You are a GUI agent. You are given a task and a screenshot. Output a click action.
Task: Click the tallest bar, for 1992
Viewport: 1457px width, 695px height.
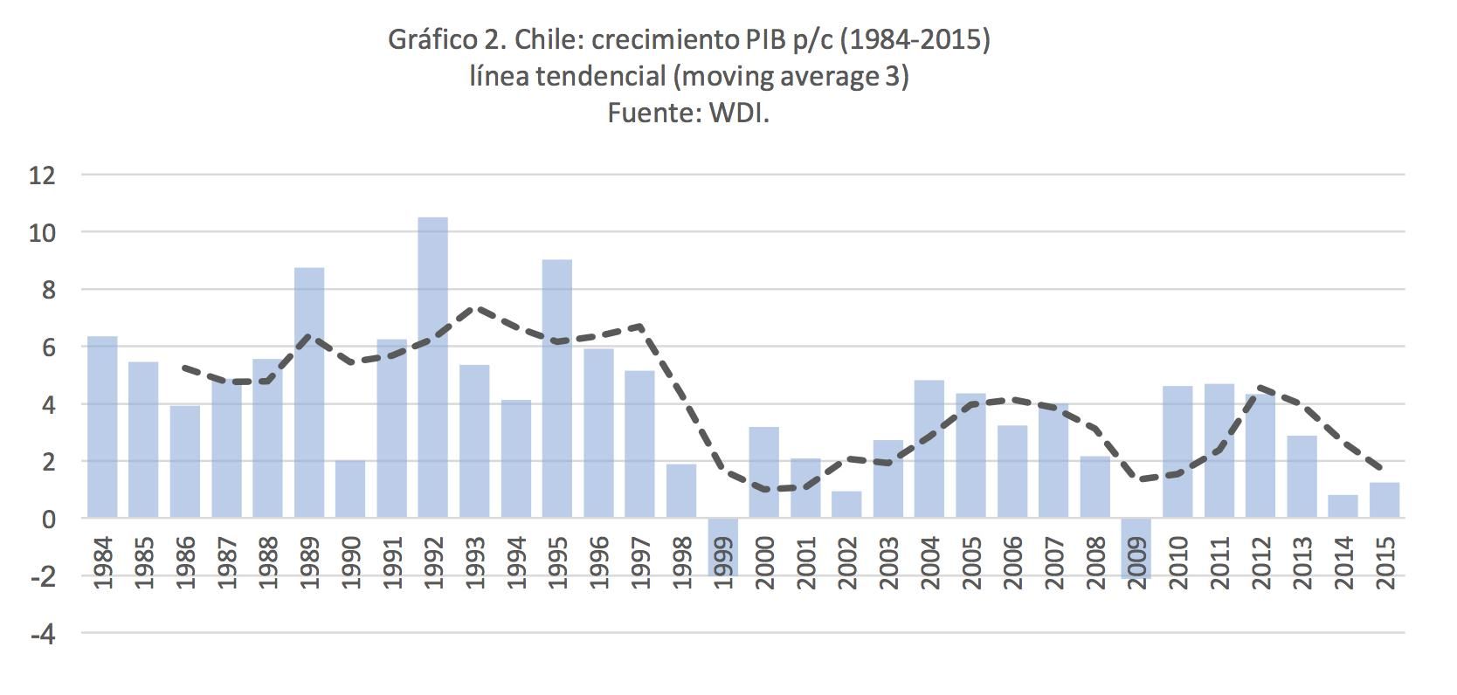click(x=432, y=367)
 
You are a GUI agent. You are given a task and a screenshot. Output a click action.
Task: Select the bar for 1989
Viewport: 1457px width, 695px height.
click(x=308, y=392)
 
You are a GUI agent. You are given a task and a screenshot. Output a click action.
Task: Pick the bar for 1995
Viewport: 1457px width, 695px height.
click(x=557, y=389)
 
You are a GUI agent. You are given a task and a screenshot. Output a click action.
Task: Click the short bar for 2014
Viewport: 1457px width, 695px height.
click(x=1343, y=507)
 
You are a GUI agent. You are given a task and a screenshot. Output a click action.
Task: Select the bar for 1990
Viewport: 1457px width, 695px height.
click(x=350, y=489)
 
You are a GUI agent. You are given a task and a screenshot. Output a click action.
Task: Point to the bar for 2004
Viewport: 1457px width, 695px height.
click(x=929, y=449)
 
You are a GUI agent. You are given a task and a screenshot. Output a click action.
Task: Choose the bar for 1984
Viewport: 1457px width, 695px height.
click(x=102, y=427)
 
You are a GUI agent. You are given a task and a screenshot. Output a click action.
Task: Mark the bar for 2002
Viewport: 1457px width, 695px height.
click(x=846, y=505)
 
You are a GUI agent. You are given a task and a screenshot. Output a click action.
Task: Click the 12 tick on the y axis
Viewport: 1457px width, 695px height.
click(x=42, y=175)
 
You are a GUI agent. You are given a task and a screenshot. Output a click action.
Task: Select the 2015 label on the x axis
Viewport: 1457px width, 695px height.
click(x=1384, y=562)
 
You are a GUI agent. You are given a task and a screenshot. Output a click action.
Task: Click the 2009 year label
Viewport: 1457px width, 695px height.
click(x=1136, y=562)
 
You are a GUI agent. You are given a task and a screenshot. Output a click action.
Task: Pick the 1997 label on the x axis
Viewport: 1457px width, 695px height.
click(x=640, y=562)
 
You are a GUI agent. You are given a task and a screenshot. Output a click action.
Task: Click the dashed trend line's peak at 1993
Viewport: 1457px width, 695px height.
click(x=475, y=307)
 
